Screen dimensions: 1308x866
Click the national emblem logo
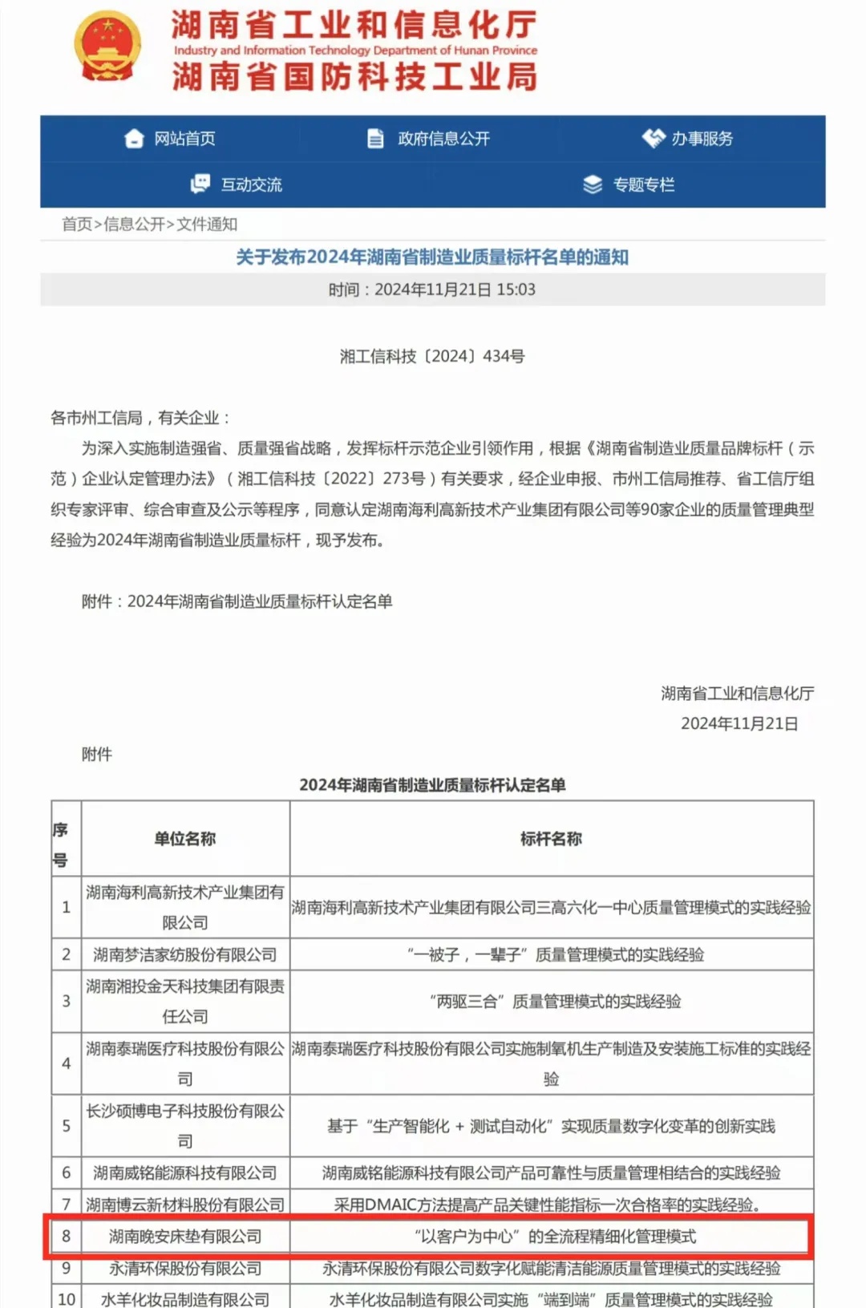tap(107, 47)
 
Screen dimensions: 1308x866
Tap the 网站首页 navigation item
tap(184, 139)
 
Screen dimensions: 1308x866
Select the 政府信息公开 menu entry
tap(443, 139)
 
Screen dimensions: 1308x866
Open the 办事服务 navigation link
tap(702, 139)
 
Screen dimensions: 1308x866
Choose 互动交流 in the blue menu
tap(251, 185)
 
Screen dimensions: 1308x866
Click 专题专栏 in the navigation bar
tap(643, 185)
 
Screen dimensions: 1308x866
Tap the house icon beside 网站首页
tap(134, 139)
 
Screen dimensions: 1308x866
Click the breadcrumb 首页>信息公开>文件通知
tap(150, 225)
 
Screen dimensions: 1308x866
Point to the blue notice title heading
tap(432, 257)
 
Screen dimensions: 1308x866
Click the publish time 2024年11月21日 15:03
tap(432, 290)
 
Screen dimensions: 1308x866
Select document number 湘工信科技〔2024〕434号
tap(432, 356)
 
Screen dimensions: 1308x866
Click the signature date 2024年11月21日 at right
tap(739, 723)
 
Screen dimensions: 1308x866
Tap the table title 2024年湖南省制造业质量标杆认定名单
tap(432, 785)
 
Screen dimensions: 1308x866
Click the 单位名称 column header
tap(185, 839)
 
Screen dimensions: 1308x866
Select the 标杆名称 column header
tap(551, 839)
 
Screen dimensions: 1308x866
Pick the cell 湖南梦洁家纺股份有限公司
tap(185, 954)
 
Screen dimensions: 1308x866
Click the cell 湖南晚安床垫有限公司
tap(185, 1237)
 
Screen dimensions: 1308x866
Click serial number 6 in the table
tap(67, 1173)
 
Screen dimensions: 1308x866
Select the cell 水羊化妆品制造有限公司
tap(185, 1299)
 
